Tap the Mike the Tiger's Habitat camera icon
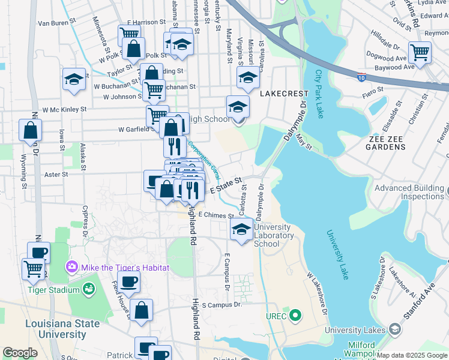pos(71,266)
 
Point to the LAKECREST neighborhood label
pos(284,94)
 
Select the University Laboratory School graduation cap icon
pos(241,229)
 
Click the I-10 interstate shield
pos(360,77)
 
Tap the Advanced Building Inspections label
pos(409,192)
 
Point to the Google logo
pos(20,352)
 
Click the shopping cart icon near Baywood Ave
pos(420,52)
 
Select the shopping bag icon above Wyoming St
pos(30,130)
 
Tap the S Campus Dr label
pos(221,305)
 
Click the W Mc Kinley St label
pos(61,109)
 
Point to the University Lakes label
pos(355,330)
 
